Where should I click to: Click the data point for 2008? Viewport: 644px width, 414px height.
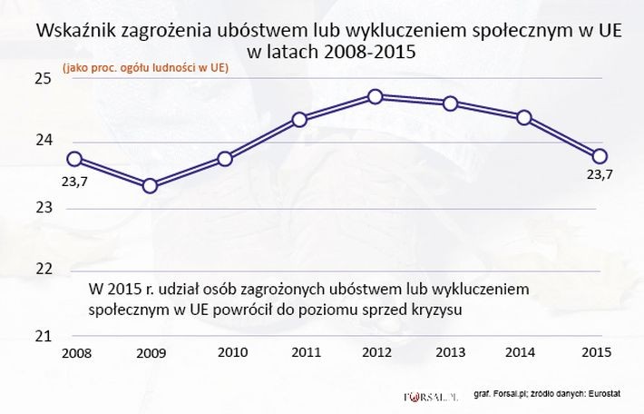(x=75, y=159)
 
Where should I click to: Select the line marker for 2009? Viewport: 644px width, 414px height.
(x=151, y=186)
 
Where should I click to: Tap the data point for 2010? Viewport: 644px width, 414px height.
(x=226, y=159)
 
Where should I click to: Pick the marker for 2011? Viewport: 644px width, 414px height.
(x=300, y=119)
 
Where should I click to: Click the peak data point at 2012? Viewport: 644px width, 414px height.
(x=376, y=96)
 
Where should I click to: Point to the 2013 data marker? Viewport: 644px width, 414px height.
(x=450, y=103)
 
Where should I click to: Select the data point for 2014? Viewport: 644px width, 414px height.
(x=523, y=117)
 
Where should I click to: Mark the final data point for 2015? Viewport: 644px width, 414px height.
(x=600, y=155)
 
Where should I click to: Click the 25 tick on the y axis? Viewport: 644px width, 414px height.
(x=43, y=79)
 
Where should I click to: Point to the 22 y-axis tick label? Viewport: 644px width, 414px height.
(x=43, y=270)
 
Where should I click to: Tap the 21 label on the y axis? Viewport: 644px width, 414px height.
(x=43, y=335)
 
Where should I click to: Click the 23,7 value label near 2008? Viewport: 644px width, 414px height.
(x=75, y=181)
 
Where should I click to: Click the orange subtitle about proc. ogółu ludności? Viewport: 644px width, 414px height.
(x=145, y=67)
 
